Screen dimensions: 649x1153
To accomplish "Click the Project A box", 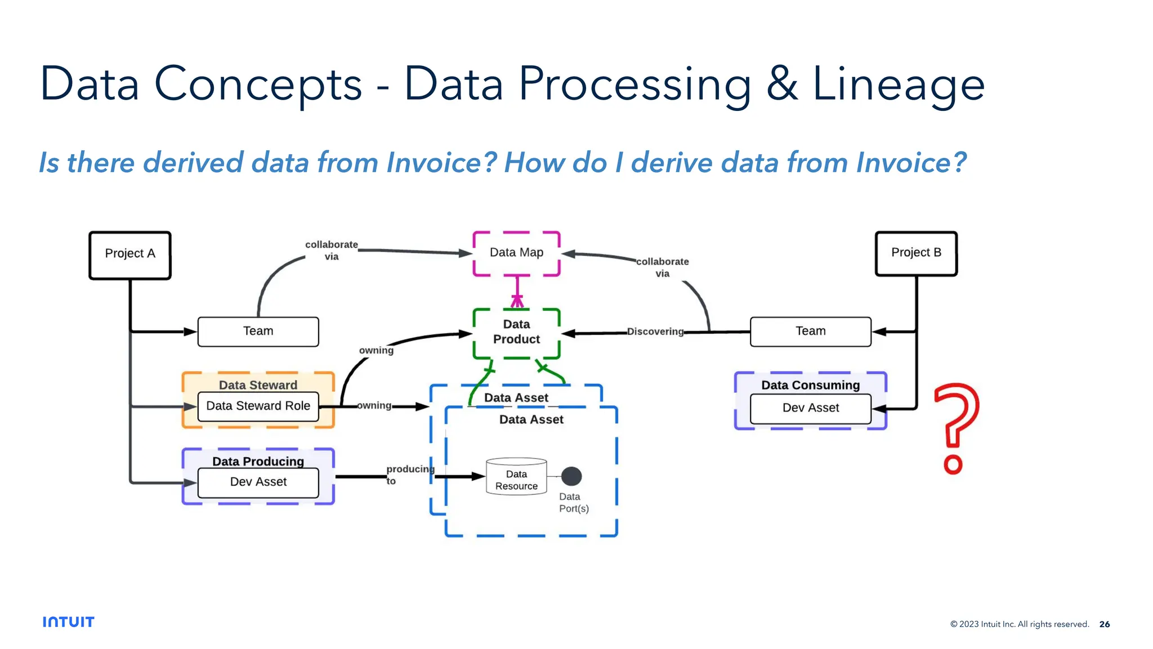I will pyautogui.click(x=130, y=254).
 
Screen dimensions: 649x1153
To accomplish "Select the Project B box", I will pyautogui.click(x=916, y=253).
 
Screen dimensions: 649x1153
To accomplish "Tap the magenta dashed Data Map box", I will pyautogui.click(x=516, y=253).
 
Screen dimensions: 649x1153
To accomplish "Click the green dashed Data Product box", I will pyautogui.click(x=516, y=333).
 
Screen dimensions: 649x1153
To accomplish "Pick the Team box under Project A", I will pyautogui.click(x=258, y=332).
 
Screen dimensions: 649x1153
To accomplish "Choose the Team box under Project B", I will pyautogui.click(x=810, y=332).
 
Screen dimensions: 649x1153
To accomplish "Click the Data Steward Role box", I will pyautogui.click(x=258, y=406).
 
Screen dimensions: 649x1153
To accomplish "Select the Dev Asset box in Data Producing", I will pyautogui.click(x=258, y=482).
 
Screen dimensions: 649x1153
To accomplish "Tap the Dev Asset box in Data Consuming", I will pyautogui.click(x=810, y=409).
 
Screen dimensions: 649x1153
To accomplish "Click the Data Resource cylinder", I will pyautogui.click(x=516, y=477).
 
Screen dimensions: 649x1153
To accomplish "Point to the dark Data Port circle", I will pyautogui.click(x=571, y=476).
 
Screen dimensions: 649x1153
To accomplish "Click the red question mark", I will pyautogui.click(x=955, y=428).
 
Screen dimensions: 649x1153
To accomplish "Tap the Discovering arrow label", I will pyautogui.click(x=655, y=332).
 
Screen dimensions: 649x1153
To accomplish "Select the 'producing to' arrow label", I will pyautogui.click(x=409, y=475).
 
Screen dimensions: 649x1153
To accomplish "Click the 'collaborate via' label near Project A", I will pyautogui.click(x=332, y=250).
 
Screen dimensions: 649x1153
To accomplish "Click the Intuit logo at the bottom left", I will pyautogui.click(x=68, y=622).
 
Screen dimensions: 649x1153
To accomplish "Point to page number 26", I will pyautogui.click(x=1104, y=624).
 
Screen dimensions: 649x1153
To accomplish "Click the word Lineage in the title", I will pyautogui.click(x=898, y=84).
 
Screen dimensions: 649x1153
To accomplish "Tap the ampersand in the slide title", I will pyautogui.click(x=781, y=84).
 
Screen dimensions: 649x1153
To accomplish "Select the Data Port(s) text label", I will pyautogui.click(x=573, y=503).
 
